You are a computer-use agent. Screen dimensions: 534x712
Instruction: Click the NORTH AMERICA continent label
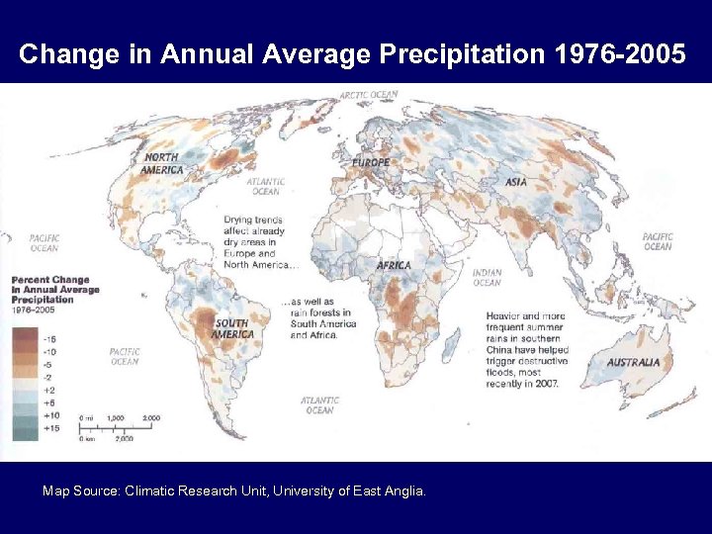coord(162,163)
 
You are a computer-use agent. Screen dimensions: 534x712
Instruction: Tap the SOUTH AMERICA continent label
coord(231,328)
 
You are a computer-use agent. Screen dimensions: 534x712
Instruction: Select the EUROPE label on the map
coord(370,161)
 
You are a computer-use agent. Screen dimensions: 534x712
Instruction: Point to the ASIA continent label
coord(515,182)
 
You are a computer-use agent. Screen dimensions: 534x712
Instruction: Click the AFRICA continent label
coord(394,265)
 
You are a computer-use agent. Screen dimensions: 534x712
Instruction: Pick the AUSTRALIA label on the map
coord(633,362)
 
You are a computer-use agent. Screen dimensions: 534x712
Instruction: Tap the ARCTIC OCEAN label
coord(369,95)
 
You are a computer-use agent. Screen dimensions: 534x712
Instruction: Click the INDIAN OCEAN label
coord(487,278)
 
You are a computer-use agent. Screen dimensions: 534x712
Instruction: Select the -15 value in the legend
coord(49,338)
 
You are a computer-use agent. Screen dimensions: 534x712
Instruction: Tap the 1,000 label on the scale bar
coord(116,418)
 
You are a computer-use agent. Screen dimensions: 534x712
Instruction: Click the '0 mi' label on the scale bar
coord(86,418)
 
